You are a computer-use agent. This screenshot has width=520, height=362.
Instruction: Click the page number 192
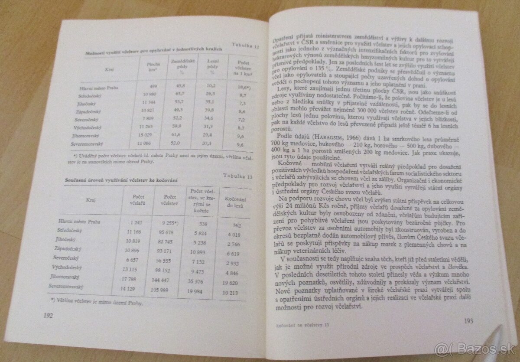pyautogui.click(x=46, y=316)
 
